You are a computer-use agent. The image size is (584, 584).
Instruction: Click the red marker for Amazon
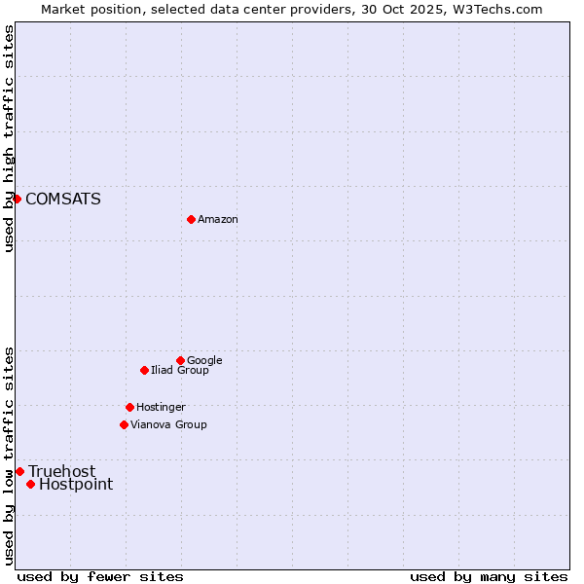click(191, 219)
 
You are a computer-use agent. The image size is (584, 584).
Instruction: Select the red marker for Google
click(180, 360)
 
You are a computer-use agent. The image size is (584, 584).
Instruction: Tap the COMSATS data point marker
click(17, 199)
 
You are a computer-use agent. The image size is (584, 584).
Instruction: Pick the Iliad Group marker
click(144, 370)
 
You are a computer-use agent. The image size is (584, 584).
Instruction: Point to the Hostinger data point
click(129, 407)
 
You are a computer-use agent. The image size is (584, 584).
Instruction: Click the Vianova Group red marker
click(124, 424)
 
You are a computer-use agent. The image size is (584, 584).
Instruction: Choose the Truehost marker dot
click(19, 471)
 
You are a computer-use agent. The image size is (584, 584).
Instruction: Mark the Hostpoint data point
click(30, 484)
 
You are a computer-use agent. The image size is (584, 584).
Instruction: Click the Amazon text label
click(218, 220)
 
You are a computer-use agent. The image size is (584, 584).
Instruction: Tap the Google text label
click(204, 361)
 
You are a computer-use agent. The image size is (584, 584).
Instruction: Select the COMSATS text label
click(62, 200)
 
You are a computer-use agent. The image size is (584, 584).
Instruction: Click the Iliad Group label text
click(179, 371)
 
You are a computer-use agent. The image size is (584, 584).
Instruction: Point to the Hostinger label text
click(161, 408)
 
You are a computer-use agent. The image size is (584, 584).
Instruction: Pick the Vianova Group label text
click(168, 425)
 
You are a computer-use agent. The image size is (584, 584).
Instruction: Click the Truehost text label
click(61, 472)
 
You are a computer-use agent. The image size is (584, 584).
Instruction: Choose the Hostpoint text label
click(76, 485)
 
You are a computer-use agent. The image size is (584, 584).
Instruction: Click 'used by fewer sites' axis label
click(100, 576)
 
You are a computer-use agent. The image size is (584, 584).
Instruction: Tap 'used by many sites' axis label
click(489, 576)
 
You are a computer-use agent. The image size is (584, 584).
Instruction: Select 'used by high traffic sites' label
click(9, 138)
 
